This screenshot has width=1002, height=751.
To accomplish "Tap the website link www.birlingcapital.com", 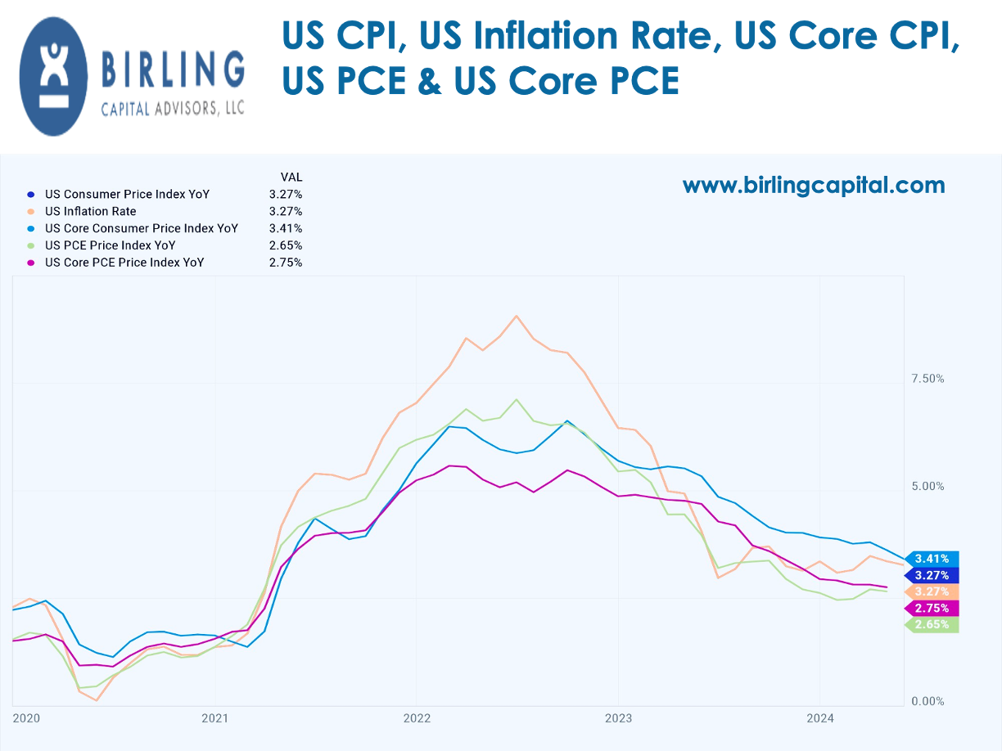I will [x=813, y=185].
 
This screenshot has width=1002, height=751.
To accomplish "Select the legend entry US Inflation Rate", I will [x=90, y=211].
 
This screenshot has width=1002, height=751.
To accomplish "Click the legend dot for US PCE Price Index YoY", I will [x=31, y=245].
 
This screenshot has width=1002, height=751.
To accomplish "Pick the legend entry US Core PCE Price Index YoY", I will [x=124, y=263].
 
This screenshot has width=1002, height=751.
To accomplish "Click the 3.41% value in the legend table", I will [x=286, y=228].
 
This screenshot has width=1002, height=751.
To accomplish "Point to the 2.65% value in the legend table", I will [x=286, y=245].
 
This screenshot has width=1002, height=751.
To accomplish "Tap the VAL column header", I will [x=291, y=177].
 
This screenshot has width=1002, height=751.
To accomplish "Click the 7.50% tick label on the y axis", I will [x=928, y=379].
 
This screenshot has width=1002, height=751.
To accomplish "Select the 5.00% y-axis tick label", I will [x=928, y=486].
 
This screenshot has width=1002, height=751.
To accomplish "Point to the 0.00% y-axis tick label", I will [x=928, y=701].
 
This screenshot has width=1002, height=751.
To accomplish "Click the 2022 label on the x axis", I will [x=416, y=718].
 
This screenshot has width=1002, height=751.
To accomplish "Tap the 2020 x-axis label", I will [x=26, y=718].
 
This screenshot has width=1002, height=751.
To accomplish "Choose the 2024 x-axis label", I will [x=819, y=718].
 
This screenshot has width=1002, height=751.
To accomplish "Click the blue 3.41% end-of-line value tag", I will [x=932, y=559].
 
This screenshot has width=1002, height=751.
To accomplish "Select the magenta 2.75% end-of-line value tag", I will [x=932, y=608].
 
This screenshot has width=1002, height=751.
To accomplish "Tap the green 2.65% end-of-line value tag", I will [x=932, y=624].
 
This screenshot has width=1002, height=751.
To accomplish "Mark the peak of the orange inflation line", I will [x=516, y=316].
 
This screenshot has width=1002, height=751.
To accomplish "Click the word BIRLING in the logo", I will [x=174, y=70].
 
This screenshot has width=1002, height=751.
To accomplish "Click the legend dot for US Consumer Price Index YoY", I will [x=31, y=195].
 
